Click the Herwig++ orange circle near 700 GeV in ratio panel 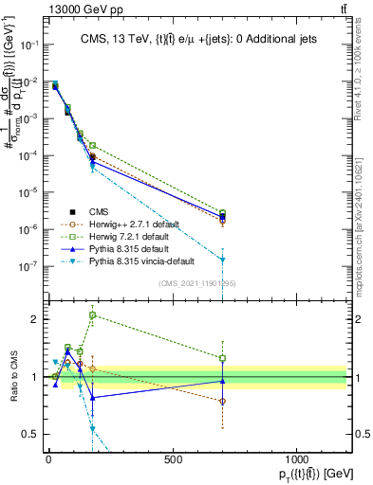[x=222, y=402]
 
